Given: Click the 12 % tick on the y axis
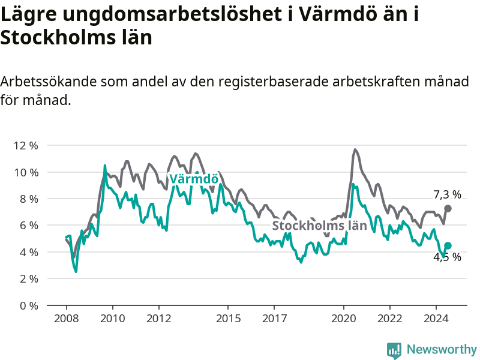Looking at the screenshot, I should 26,146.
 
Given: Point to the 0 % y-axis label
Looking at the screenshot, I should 29,305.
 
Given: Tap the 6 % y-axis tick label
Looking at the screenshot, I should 29,226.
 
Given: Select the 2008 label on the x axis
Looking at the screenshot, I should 66,319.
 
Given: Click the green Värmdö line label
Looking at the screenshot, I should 193,179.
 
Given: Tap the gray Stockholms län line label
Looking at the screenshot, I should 319,226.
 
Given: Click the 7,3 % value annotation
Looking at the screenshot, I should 448,194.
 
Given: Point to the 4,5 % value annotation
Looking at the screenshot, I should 448,257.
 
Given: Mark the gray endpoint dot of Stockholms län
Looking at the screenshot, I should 448,208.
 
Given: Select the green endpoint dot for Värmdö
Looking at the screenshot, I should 448,245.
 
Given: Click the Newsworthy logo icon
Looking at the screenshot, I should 394,350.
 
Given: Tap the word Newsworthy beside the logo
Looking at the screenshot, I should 442,349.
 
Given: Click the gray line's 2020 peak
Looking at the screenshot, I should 355,149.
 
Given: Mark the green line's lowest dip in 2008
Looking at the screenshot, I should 76,271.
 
